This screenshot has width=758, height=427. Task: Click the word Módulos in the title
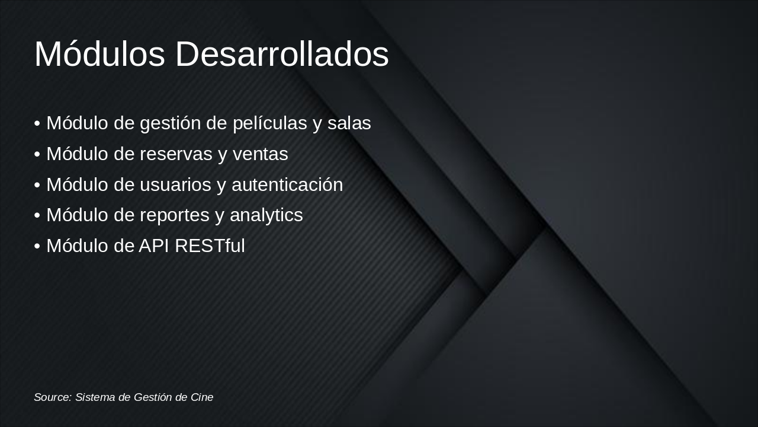click(99, 55)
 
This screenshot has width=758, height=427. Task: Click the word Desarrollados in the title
click(282, 55)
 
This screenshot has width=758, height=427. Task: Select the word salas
click(349, 123)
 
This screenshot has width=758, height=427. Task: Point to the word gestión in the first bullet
click(170, 125)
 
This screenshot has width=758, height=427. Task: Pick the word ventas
click(260, 154)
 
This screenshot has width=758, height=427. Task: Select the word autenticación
click(287, 185)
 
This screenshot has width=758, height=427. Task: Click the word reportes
click(175, 216)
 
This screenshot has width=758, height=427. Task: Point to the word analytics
click(266, 216)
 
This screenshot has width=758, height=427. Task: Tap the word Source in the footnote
click(52, 397)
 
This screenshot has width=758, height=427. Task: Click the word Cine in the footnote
click(201, 397)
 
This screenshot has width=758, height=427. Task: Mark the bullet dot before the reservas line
click(37, 155)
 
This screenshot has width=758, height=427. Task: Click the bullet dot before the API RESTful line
click(37, 247)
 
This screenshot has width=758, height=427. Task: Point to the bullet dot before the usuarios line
click(37, 186)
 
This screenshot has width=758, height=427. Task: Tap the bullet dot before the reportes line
click(37, 216)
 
